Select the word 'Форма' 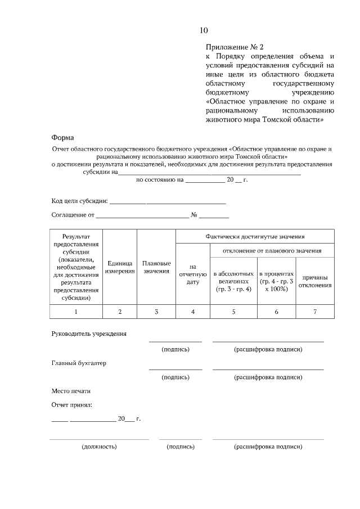tap(62, 137)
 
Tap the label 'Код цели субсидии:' tap(79, 201)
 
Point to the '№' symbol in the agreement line tap(193, 215)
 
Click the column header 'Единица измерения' tap(120, 267)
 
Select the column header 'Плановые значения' tap(156, 267)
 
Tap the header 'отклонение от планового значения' tap(272, 250)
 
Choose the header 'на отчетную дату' tap(193, 274)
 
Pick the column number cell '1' tap(76, 312)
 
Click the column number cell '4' tap(193, 312)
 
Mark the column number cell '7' tap(315, 312)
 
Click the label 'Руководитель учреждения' tap(89, 334)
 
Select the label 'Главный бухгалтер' tap(79, 363)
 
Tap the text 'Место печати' tap(71, 390)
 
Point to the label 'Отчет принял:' tap(71, 404)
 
